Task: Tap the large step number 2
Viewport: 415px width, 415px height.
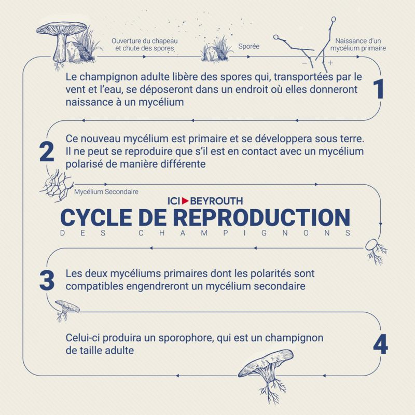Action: tap(47, 151)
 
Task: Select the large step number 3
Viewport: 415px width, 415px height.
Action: tap(47, 280)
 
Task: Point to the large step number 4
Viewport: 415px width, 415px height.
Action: tap(381, 344)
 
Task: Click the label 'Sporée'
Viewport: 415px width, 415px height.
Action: tap(249, 46)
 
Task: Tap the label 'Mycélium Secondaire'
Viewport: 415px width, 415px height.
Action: tap(106, 191)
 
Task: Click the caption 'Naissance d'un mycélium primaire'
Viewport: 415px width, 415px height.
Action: tap(358, 45)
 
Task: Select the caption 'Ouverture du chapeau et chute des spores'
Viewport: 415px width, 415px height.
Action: tap(145, 45)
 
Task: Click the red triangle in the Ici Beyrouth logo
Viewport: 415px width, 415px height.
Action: tap(185, 201)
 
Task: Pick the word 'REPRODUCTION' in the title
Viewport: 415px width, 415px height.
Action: tap(262, 217)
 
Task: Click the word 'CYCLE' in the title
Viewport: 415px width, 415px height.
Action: tap(96, 217)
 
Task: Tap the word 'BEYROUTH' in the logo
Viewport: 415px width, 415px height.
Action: tap(216, 201)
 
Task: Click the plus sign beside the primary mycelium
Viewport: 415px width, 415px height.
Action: tap(330, 63)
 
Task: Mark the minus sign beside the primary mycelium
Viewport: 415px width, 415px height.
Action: tap(305, 63)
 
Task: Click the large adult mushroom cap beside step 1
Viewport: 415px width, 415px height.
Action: tap(62, 29)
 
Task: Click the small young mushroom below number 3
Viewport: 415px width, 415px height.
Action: tap(66, 310)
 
